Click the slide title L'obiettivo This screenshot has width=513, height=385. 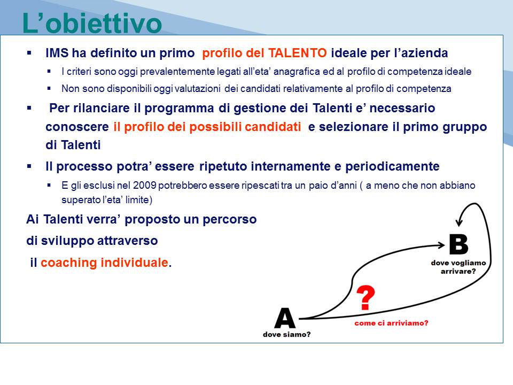[92, 23]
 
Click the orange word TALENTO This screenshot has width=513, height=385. [297, 53]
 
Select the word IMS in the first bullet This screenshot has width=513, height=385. [57, 53]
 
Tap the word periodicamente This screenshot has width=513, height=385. [392, 166]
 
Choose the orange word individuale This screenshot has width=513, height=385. [135, 262]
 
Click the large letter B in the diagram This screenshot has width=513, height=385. [458, 244]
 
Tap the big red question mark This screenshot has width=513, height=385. [366, 298]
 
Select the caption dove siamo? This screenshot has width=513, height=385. [286, 334]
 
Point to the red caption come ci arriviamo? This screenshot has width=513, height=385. [391, 323]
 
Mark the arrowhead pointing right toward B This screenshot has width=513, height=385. [441, 245]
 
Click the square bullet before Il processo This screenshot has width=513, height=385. [29, 166]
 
